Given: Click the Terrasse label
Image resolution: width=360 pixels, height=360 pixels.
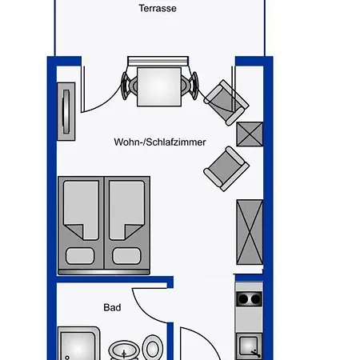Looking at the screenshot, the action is pos(158,8).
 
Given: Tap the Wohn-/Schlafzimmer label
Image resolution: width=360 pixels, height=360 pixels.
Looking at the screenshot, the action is pos(160,142).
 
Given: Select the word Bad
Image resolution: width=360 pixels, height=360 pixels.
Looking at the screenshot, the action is pos(112,307).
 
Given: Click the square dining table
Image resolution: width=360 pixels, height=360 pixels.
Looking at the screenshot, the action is pos(159,87).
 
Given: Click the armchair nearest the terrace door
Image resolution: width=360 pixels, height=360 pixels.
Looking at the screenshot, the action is pos(226,102).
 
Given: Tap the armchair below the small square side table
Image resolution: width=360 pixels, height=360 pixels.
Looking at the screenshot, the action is pos(226,169).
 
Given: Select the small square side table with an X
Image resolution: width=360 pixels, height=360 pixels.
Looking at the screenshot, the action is pos(250,134).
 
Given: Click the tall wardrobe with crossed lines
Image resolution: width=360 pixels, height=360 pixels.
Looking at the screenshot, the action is pos(250,232).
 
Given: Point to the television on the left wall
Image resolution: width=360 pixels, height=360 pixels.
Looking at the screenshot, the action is pos(66,111).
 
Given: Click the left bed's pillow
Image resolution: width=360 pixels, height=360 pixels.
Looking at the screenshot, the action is pos(80,256).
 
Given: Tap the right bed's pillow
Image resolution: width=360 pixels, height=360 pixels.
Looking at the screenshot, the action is pos(126,256).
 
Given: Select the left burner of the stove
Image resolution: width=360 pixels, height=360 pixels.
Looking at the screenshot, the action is pos(243,299).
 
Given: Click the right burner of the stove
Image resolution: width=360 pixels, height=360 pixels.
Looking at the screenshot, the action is pos(256,299).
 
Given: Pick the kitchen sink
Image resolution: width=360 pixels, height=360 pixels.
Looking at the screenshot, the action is pos(249,346).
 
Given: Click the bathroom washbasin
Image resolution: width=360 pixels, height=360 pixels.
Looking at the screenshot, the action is pos(124,350).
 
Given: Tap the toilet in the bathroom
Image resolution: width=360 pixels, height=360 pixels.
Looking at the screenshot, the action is pos(153,347).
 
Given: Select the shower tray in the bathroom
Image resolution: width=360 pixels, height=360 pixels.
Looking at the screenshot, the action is pos(79,343).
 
